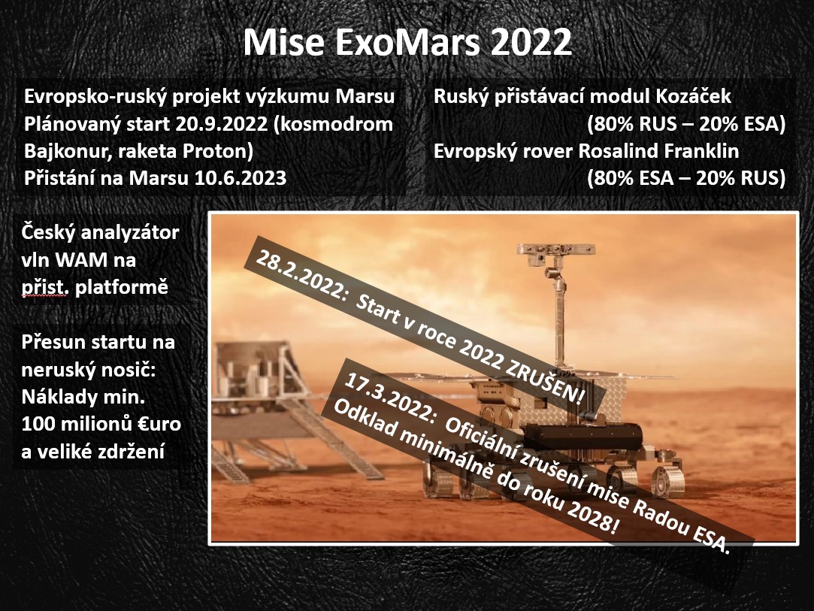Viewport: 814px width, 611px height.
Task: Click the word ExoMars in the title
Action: pyautogui.click(x=408, y=42)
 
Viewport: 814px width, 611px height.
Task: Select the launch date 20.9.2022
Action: pyautogui.click(x=222, y=124)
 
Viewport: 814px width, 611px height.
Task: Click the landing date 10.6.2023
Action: pyautogui.click(x=241, y=178)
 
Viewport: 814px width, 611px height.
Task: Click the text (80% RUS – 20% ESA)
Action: pyautogui.click(x=686, y=124)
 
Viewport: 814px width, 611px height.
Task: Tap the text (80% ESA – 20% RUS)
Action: pyautogui.click(x=686, y=178)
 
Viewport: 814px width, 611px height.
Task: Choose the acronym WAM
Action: pyautogui.click(x=80, y=259)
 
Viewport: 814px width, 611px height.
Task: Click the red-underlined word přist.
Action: pyautogui.click(x=44, y=287)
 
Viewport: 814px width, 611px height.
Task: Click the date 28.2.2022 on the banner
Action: pyautogui.click(x=300, y=276)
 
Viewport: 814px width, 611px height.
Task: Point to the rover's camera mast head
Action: pyautogui.click(x=555, y=250)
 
